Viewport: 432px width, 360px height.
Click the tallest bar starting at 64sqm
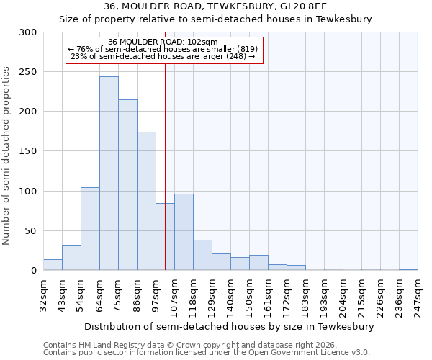[x=109, y=174]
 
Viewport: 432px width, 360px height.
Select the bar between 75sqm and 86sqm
[x=127, y=185]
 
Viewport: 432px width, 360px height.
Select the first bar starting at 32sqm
[x=53, y=264]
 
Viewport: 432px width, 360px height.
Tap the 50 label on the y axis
[x=31, y=231]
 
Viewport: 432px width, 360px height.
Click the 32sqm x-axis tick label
[x=43, y=295]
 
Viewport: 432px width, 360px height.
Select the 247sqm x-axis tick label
[x=418, y=295]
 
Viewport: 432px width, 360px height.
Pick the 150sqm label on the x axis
[x=249, y=295]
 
